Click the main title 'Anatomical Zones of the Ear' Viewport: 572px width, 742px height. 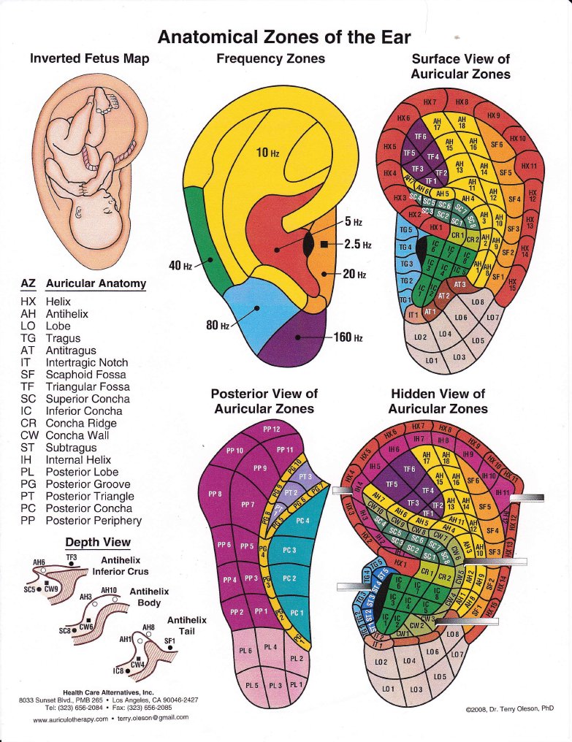tap(284, 37)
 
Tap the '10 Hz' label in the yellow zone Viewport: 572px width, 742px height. tap(267, 153)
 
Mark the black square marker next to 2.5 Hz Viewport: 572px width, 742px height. tap(324, 245)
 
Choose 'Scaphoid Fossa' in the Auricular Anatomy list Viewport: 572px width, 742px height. tap(86, 375)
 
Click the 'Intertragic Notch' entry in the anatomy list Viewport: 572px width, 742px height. tap(86, 362)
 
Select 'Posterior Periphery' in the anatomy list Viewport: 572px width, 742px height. tap(94, 521)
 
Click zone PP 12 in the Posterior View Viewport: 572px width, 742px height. tap(271, 429)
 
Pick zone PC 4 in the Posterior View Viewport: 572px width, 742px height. tap(301, 520)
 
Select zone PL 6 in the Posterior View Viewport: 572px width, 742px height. tap(245, 650)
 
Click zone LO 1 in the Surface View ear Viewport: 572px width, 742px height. tap(431, 361)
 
